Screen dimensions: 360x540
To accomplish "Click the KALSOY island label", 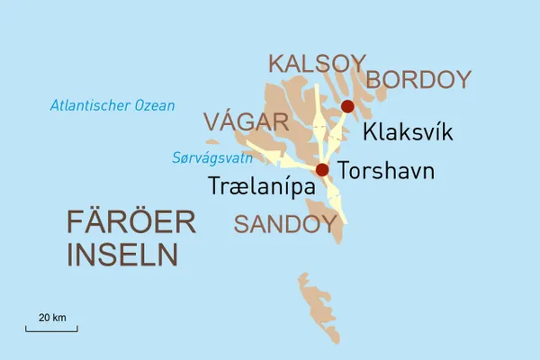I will click(x=317, y=65).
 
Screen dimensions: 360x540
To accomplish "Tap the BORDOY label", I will click(x=418, y=80).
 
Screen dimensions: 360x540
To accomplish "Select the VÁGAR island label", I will click(x=245, y=121).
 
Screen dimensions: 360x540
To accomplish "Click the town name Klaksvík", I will click(x=407, y=133).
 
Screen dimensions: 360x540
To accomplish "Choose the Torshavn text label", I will click(x=386, y=171).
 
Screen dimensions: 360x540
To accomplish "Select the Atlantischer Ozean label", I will click(x=112, y=106).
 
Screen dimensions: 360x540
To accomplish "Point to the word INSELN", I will click(x=122, y=255).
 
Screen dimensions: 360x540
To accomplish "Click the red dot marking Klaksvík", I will click(x=347, y=107).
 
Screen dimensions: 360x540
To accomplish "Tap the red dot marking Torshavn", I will click(x=322, y=170).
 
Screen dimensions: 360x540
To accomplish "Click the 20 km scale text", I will click(x=51, y=318).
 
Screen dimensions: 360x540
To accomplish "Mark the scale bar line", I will click(x=51, y=329).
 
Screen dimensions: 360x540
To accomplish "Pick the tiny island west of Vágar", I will click(x=212, y=141).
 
